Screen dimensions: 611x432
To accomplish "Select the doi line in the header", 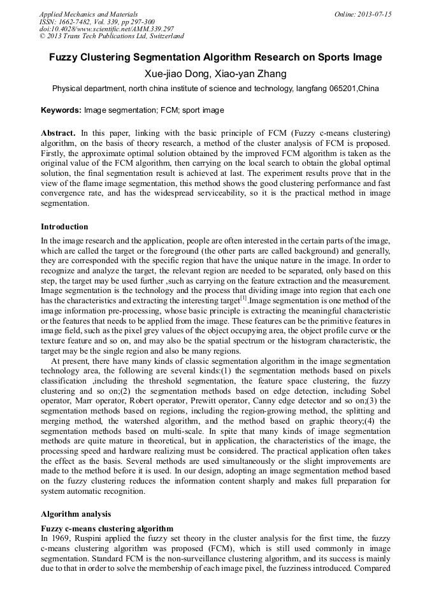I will pos(106,29).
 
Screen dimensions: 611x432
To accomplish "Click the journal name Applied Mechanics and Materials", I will pos(87,14).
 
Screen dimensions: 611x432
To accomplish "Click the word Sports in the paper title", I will pos(324,57).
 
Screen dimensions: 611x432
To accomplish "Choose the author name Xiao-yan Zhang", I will pos(251,74).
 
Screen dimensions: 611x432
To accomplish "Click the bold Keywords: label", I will pos(61,110).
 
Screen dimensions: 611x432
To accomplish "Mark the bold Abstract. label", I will pos(59,134).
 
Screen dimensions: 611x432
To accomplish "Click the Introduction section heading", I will pos(64,227).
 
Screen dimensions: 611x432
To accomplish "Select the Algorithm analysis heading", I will pos(76,514).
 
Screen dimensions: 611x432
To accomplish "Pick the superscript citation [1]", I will pos(243,298).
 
